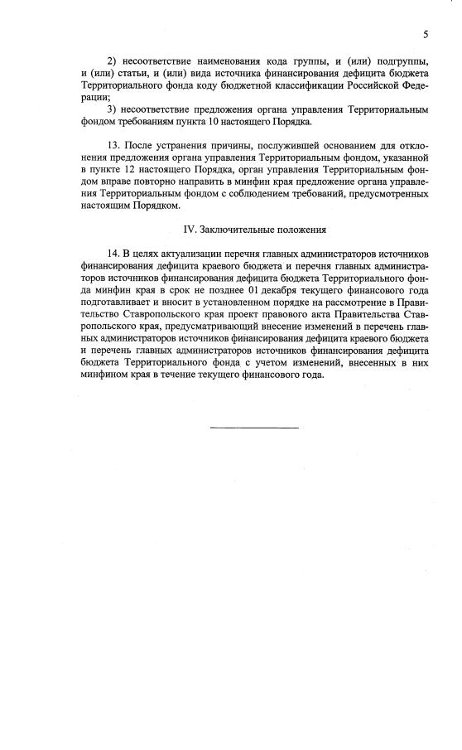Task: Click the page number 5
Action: click(425, 34)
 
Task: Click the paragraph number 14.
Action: click(114, 250)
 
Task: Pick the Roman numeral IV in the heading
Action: click(189, 229)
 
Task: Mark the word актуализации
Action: click(190, 250)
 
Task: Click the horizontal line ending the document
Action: click(253, 427)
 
